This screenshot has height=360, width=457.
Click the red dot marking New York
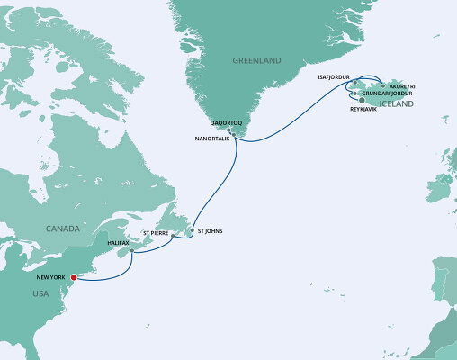(74, 289)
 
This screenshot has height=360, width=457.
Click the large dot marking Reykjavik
(362, 101)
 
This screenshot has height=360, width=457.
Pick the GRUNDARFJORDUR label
(388, 94)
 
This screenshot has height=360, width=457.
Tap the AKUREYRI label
(401, 85)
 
